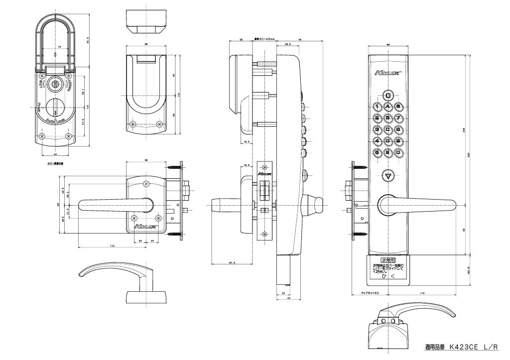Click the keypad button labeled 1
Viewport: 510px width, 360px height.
pos(378,107)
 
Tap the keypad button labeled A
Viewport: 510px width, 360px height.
pos(388,107)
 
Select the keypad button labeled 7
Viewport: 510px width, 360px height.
pos(398,118)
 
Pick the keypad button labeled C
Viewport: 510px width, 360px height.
pos(388,129)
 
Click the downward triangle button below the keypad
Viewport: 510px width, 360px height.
pos(388,176)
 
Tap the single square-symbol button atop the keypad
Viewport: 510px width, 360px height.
pos(388,95)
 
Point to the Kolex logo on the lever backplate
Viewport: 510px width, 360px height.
pos(145,227)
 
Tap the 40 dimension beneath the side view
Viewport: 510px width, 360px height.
pos(289,298)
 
